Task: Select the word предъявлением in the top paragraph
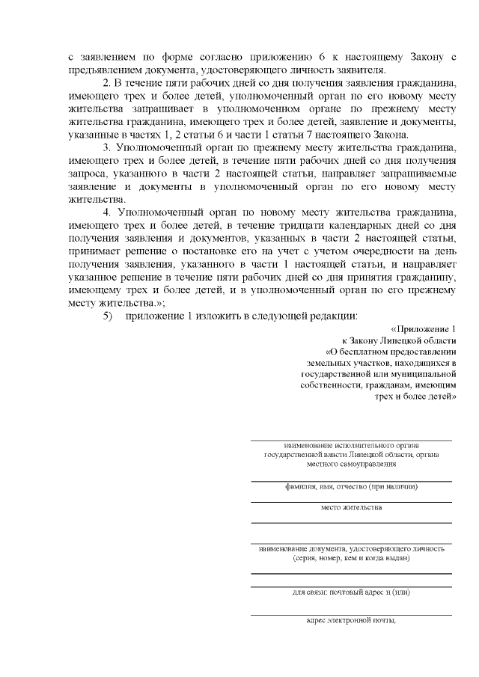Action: (x=107, y=71)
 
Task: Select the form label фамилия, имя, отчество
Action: (x=351, y=486)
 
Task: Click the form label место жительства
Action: (x=351, y=507)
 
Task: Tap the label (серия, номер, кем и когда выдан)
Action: (x=351, y=557)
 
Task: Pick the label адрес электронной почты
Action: (x=351, y=620)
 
